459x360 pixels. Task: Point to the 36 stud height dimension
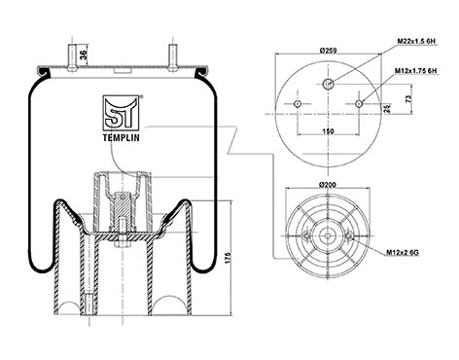83,55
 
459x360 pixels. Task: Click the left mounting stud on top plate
73,54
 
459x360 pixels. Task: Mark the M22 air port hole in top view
330,83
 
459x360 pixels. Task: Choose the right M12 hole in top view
361,103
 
